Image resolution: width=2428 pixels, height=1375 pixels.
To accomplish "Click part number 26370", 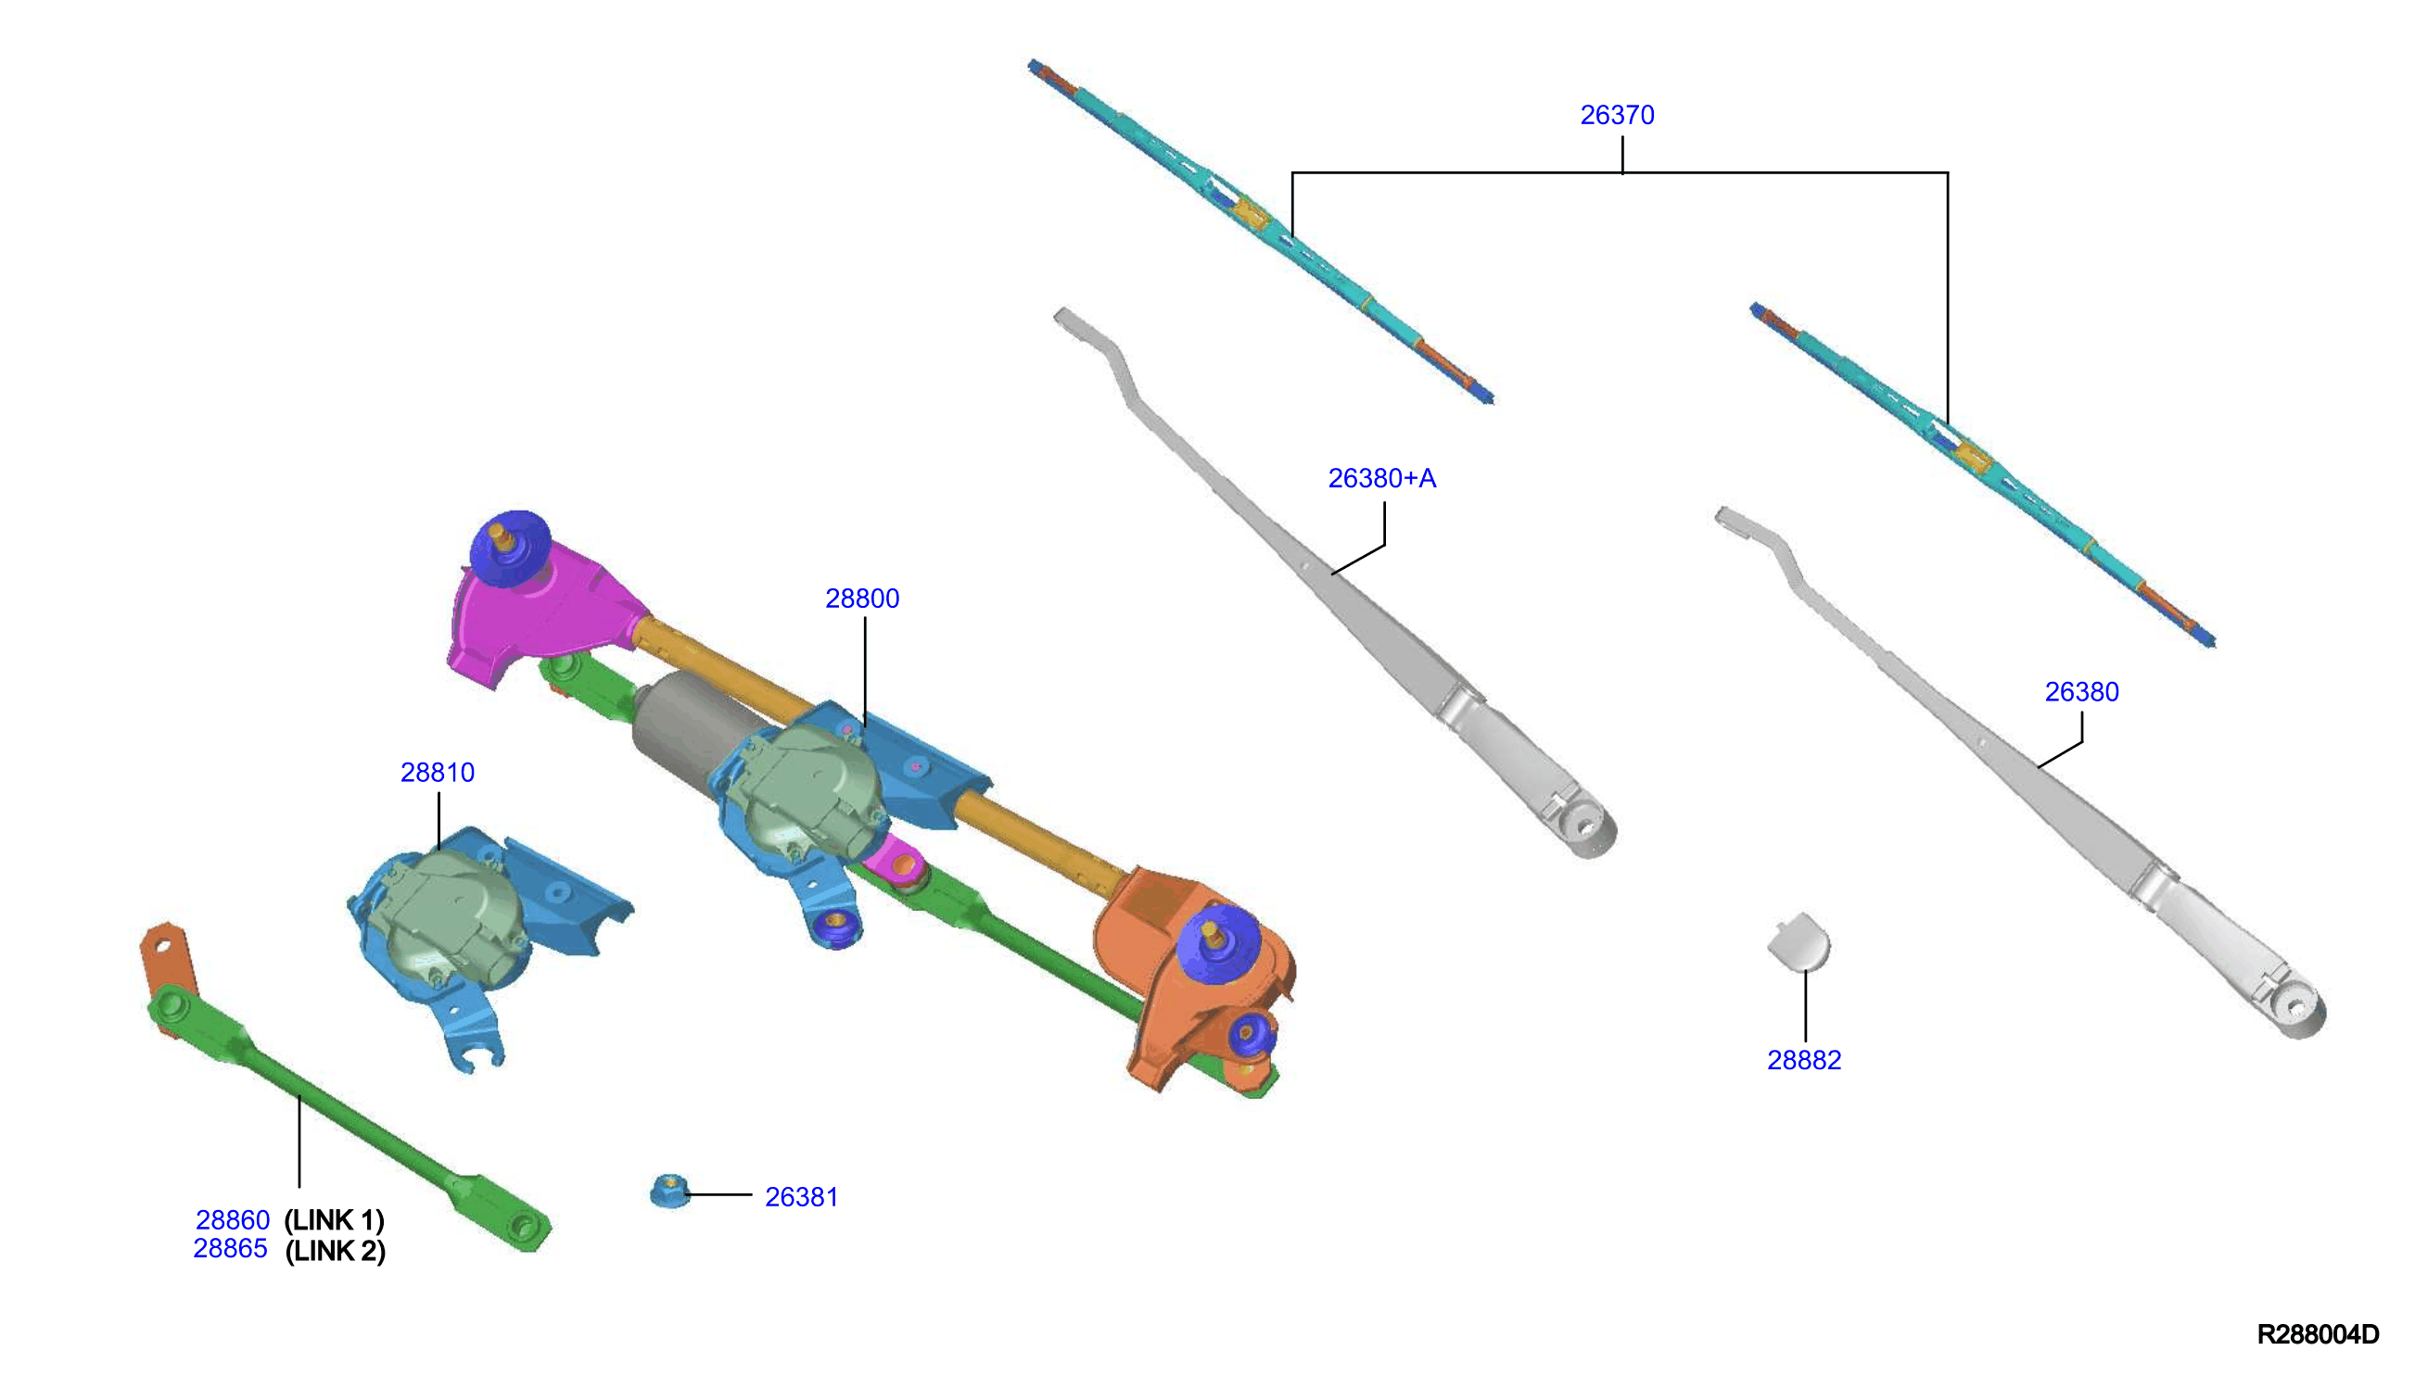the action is [x=1617, y=115].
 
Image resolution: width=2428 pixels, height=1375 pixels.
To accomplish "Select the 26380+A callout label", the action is [x=1381, y=479].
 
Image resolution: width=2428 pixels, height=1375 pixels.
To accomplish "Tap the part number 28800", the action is [x=861, y=599].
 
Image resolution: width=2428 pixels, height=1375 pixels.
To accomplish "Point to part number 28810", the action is [x=438, y=773].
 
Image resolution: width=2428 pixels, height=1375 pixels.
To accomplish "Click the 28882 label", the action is [x=1803, y=1061].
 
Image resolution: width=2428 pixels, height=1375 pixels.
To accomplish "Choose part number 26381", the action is [x=801, y=1197].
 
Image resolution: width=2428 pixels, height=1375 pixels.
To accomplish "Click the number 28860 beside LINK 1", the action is [x=233, y=1220].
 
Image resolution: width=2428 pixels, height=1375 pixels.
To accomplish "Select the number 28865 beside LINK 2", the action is [x=231, y=1248].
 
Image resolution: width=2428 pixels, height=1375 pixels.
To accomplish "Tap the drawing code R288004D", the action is [x=2318, y=1334].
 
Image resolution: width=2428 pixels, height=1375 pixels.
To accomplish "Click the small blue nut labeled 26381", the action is [x=670, y=1191].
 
